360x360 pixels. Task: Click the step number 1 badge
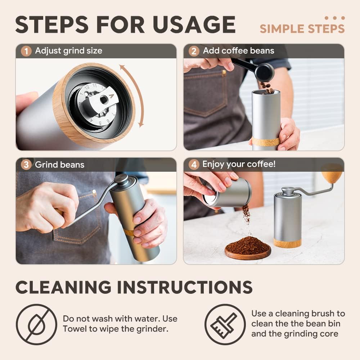click(26, 51)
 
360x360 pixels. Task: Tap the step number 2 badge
click(194, 51)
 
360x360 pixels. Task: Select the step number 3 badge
click(26, 165)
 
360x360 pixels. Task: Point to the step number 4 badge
click(194, 165)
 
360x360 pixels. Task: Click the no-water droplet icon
click(36, 324)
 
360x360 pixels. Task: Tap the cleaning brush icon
click(225, 324)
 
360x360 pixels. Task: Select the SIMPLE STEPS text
click(302, 29)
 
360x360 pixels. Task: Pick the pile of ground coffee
click(248, 246)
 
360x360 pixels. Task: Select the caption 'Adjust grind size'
click(68, 51)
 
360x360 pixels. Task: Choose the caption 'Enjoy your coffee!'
click(239, 165)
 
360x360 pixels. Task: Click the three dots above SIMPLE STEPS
click(334, 18)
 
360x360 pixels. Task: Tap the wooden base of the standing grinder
click(287, 243)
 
